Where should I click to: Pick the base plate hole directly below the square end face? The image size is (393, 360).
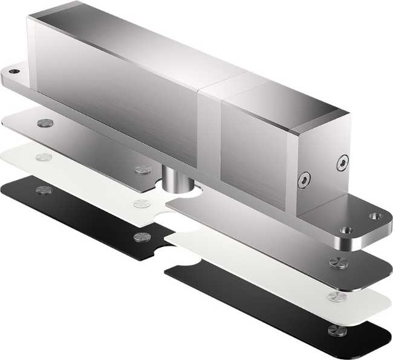point(347,230)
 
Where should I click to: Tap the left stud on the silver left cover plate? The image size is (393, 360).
point(44,123)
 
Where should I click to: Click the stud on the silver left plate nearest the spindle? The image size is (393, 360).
point(143,167)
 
